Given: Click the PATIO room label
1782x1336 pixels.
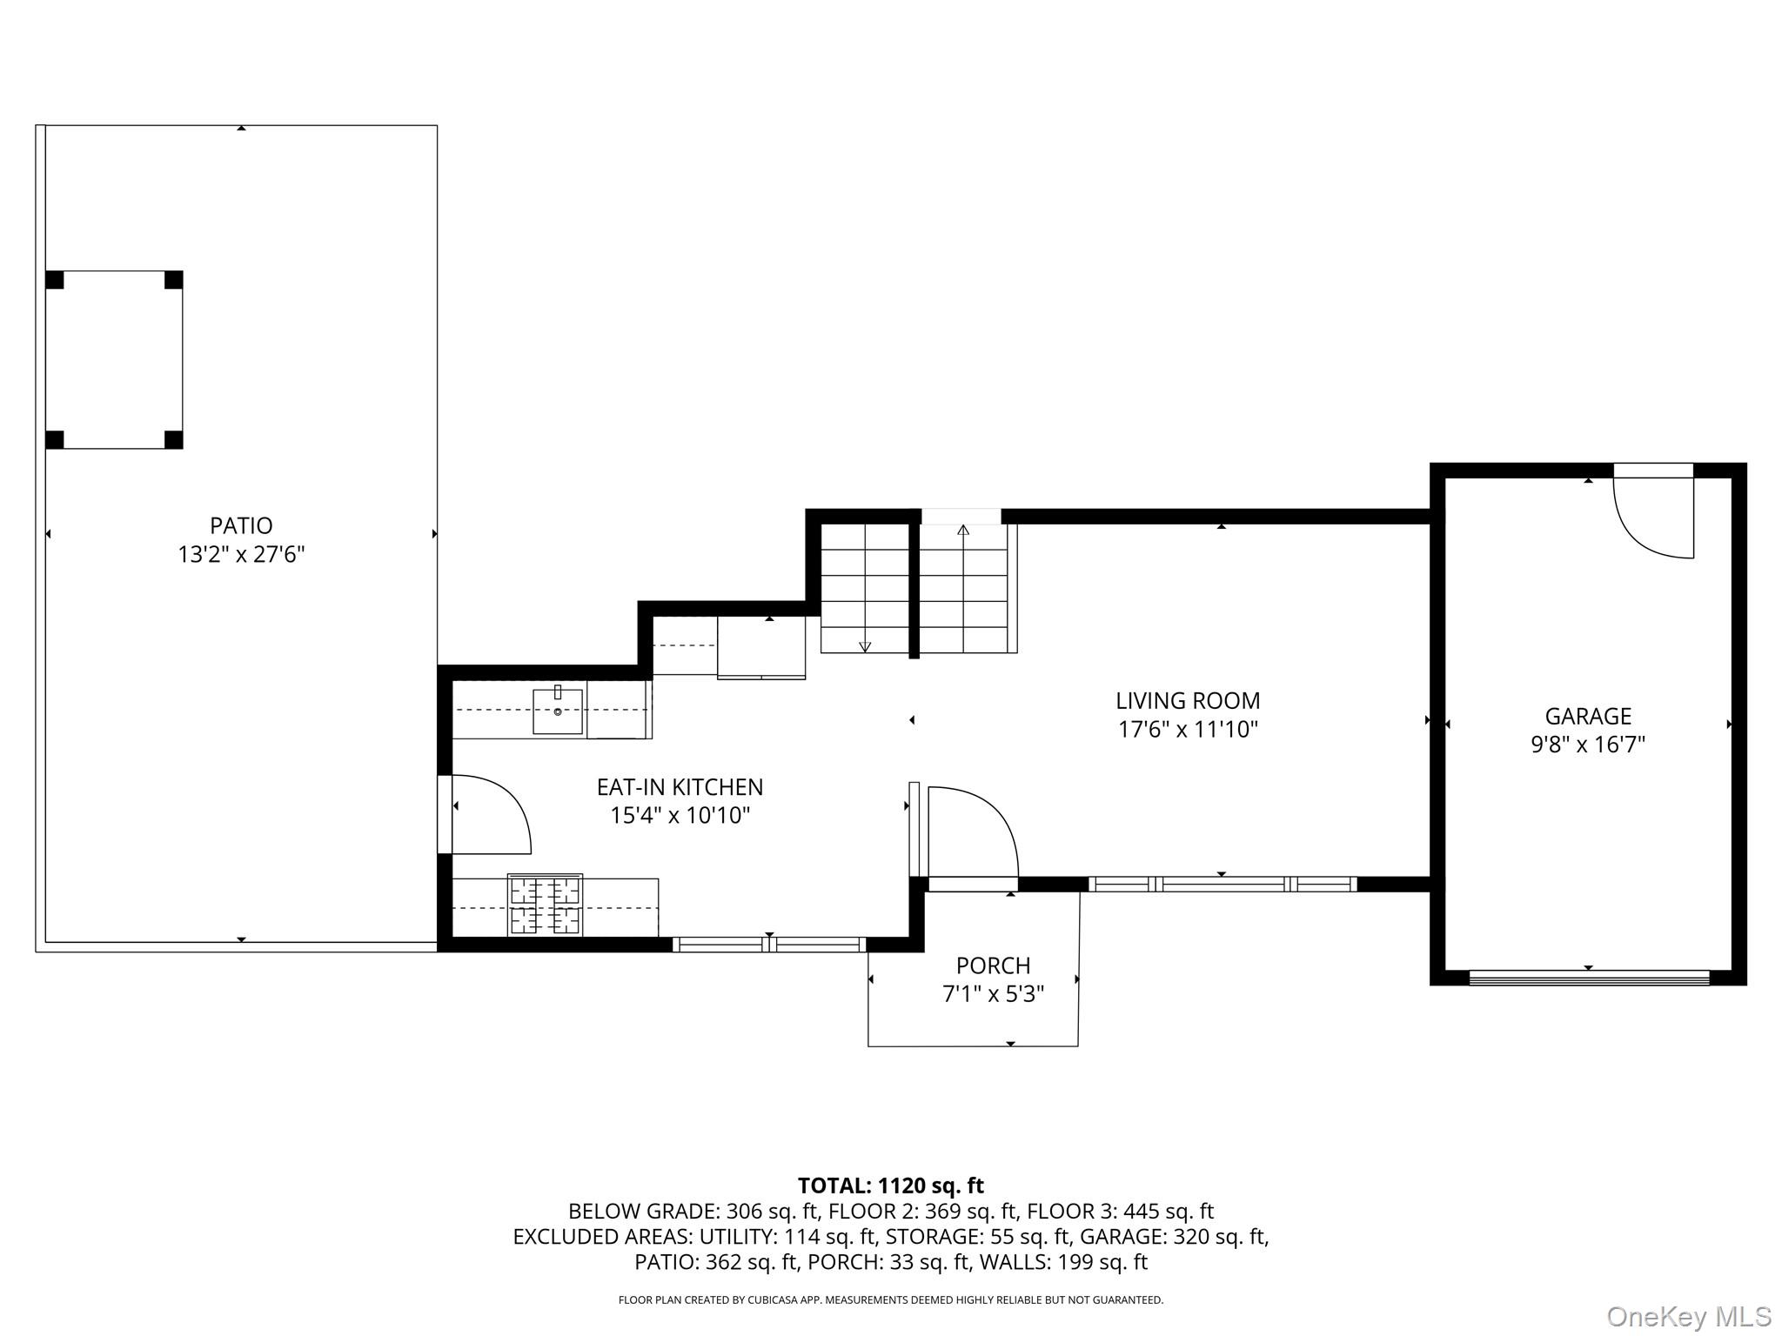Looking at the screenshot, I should coord(241,525).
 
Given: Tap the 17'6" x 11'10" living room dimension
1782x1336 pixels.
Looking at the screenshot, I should coord(1188,729).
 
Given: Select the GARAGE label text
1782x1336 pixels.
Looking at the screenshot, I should coord(1587,716).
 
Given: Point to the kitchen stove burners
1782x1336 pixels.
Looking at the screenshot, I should coord(545,905).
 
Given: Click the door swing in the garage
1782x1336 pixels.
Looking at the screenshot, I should coord(1651,518).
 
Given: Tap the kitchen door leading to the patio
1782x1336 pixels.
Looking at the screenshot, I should coord(490,814).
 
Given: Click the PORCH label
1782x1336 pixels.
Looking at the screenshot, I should coord(993,965).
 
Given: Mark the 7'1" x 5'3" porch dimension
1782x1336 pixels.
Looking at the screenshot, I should coord(993,993).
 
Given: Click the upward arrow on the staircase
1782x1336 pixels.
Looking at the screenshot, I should coord(963,530).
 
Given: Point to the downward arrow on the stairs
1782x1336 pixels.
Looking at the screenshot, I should coord(864,646).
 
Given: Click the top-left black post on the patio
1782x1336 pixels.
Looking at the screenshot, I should coord(55,280).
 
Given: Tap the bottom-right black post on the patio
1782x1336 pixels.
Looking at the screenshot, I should coord(173,439).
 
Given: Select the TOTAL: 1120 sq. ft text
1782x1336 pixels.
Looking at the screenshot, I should coord(890,1186).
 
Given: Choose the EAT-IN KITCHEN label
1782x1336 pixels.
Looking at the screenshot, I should coord(680,787).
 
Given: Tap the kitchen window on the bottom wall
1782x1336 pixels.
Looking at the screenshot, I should coord(769,945).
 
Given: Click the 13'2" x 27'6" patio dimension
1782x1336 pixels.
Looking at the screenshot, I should coord(241,554).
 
